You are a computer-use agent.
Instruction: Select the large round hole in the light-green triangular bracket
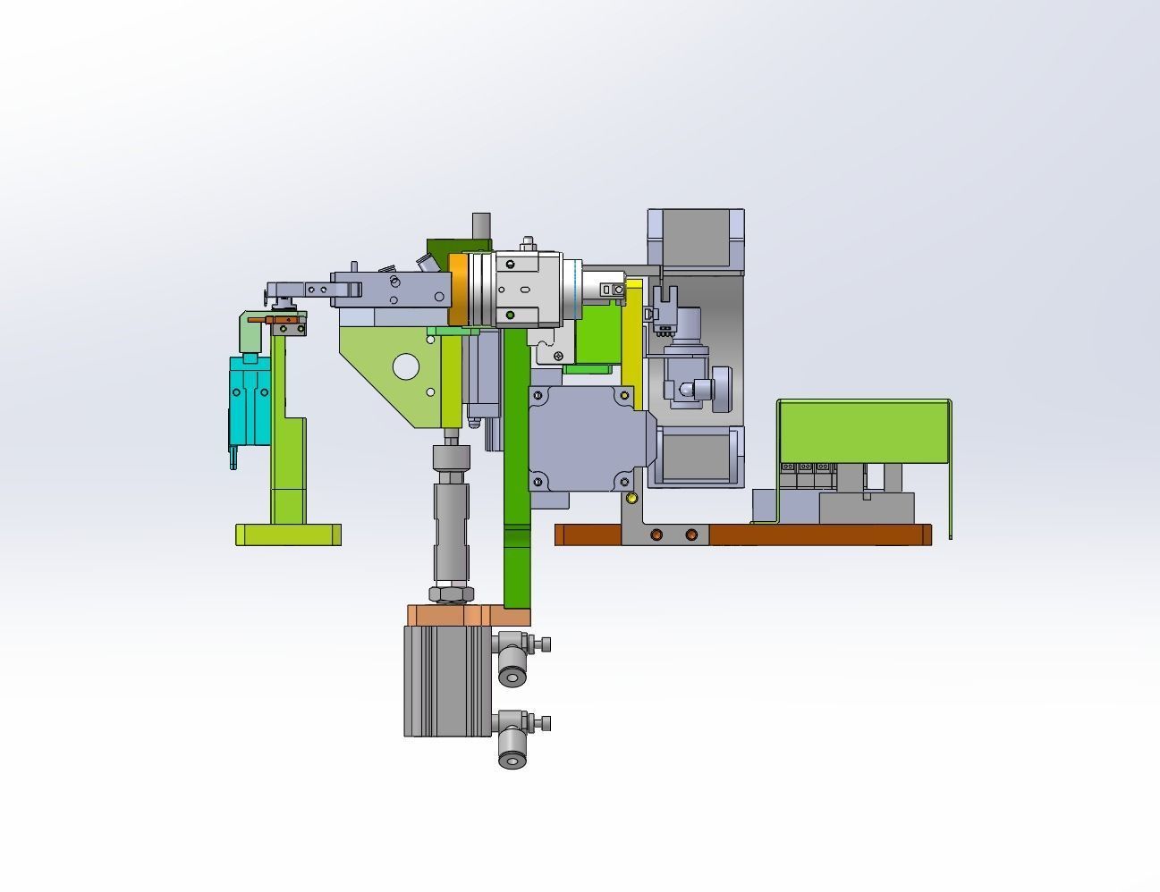(405, 366)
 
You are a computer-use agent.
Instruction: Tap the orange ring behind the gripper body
(457, 289)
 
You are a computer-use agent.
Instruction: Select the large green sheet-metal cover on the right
(862, 431)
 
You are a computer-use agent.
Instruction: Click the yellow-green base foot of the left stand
(288, 534)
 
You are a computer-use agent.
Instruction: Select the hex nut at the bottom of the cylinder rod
(451, 593)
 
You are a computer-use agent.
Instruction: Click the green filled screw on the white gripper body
(510, 315)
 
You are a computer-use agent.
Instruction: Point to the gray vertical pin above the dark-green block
(481, 225)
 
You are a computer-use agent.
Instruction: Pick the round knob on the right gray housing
(702, 390)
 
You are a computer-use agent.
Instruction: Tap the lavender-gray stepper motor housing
(586, 438)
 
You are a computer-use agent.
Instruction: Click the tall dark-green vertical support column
(516, 465)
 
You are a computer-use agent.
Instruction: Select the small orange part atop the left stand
(285, 320)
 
